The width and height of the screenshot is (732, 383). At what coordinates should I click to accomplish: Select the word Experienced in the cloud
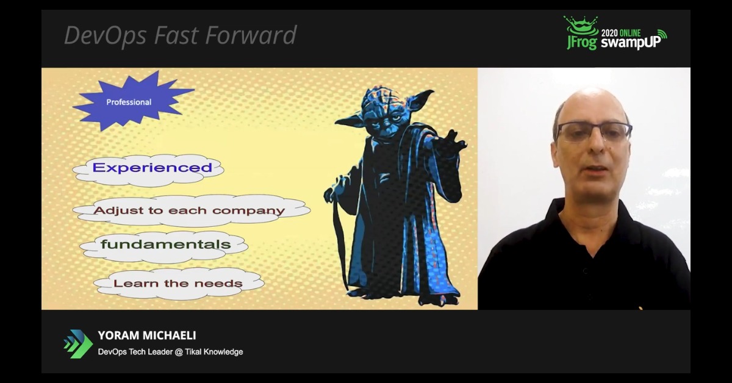[x=152, y=168]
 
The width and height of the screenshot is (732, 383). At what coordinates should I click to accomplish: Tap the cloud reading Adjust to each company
[x=189, y=211]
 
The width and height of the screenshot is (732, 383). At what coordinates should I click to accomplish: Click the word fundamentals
[x=165, y=245]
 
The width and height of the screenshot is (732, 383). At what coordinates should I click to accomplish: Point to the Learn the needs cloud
[x=178, y=283]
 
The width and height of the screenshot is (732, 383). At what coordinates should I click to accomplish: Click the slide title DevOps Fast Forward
[x=180, y=35]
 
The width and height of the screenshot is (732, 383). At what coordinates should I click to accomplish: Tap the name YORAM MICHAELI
[x=146, y=336]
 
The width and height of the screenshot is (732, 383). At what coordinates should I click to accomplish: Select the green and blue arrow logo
[x=78, y=344]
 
